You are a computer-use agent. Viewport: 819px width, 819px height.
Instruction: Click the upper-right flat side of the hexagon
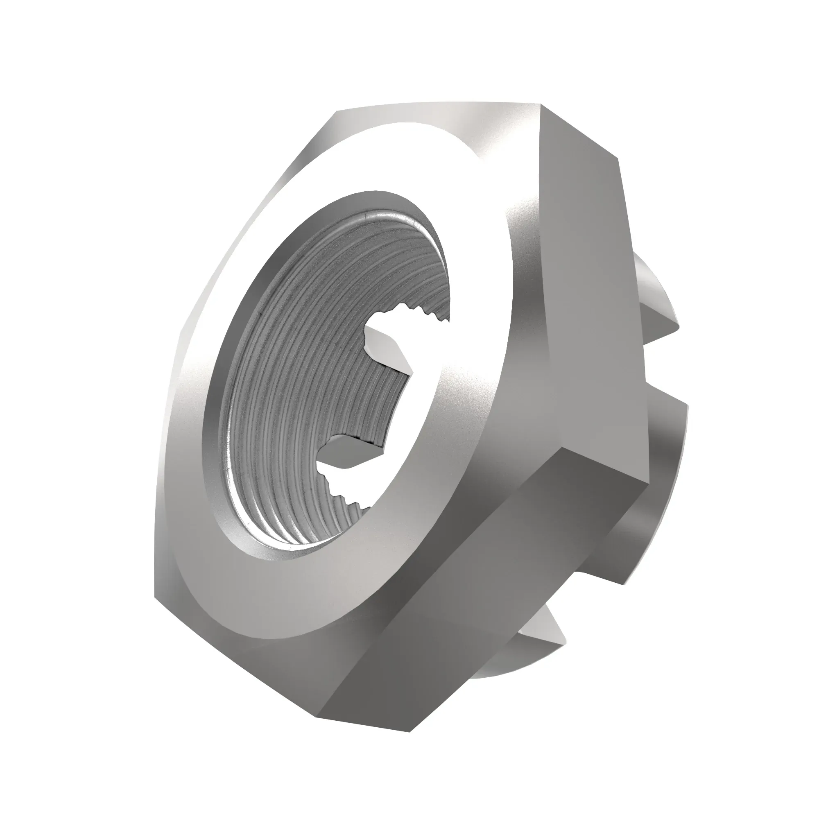coord(585,297)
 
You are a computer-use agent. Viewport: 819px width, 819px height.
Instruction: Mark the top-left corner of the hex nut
coord(337,112)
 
